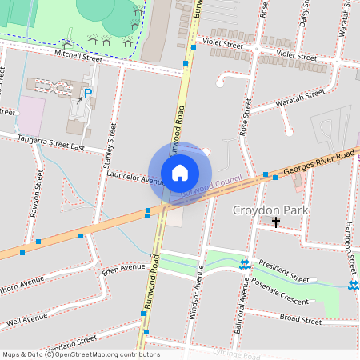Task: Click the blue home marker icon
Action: click(180, 171)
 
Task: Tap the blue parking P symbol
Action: click(88, 94)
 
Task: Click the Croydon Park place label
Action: click(266, 210)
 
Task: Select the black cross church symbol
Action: click(277, 222)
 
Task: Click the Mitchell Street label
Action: click(79, 57)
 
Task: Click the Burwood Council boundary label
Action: click(212, 188)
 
